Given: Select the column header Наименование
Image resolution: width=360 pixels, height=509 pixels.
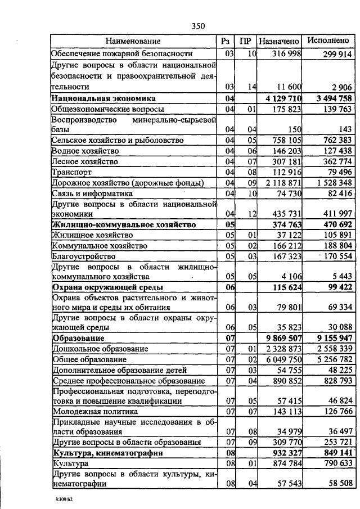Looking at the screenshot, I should tap(134, 41).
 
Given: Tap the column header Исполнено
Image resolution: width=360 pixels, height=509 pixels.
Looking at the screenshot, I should tap(328, 41).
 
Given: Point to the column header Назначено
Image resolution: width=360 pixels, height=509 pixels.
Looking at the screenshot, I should tap(280, 41).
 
